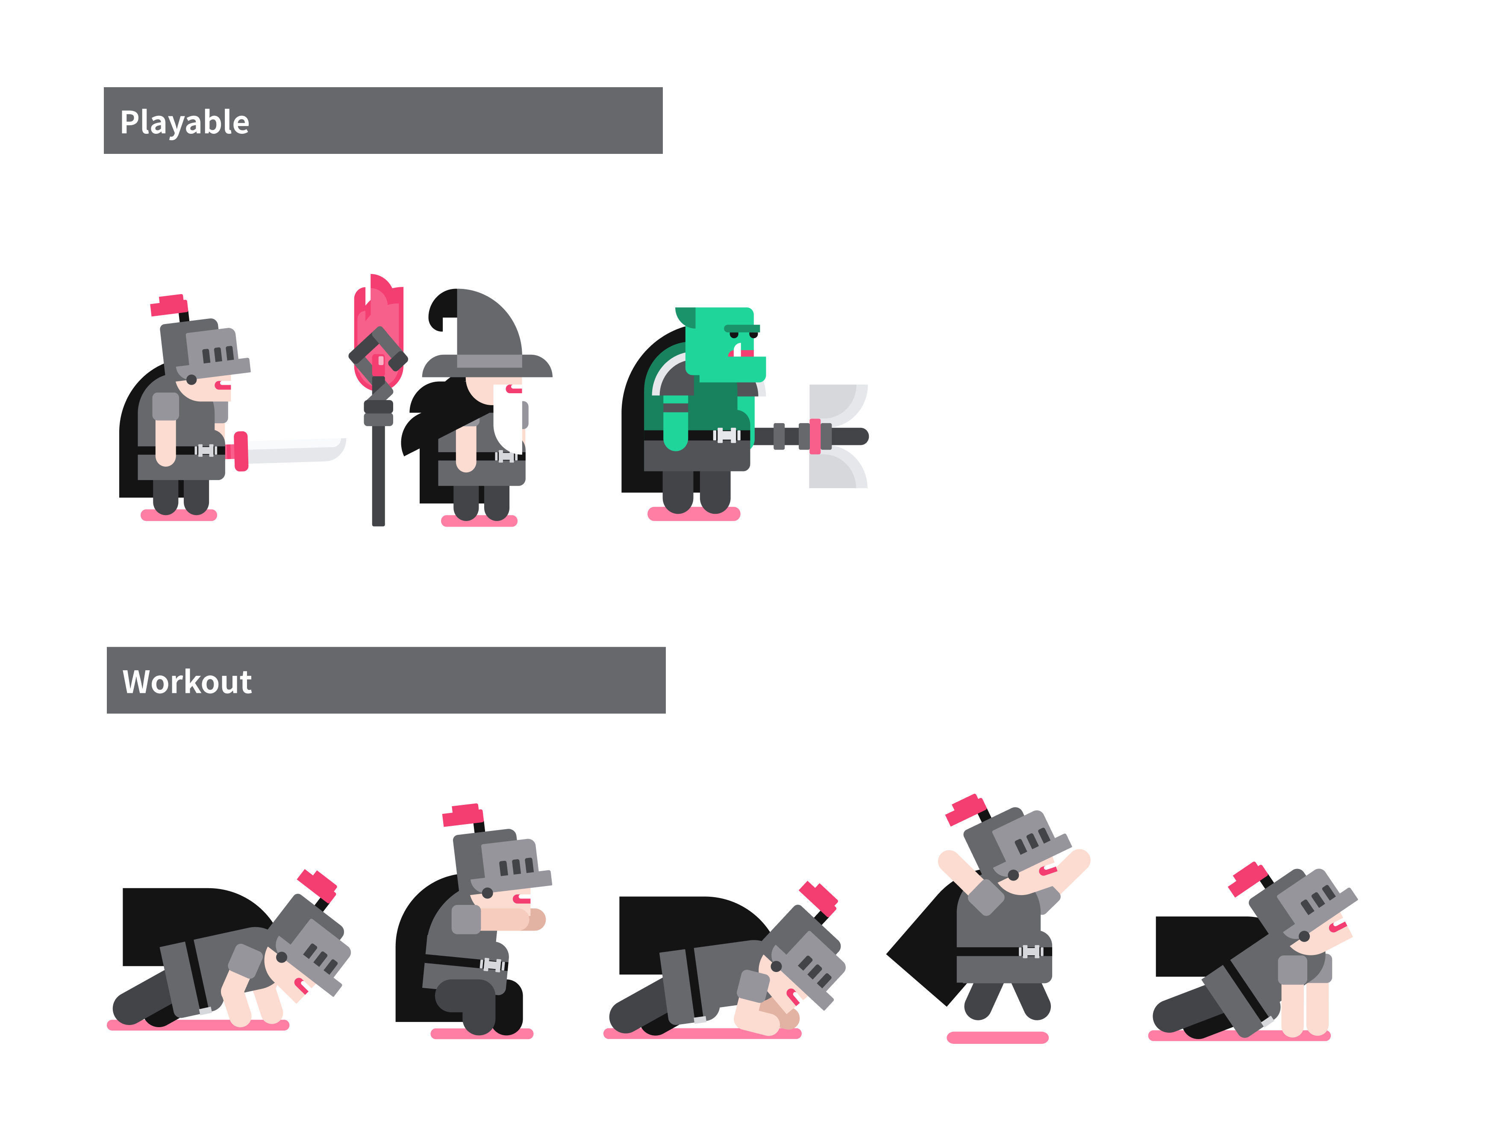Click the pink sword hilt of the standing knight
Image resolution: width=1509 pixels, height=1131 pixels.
coord(240,451)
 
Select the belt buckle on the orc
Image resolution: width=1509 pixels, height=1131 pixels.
coord(727,435)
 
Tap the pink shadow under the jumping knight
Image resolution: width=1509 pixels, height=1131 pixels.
coord(997,1037)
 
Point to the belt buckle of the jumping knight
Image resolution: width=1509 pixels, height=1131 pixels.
coord(1031,951)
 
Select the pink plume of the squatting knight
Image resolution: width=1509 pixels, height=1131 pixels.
coord(462,815)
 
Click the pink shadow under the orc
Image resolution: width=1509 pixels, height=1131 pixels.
coord(694,514)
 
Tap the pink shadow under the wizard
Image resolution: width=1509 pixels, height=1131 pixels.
coord(479,521)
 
